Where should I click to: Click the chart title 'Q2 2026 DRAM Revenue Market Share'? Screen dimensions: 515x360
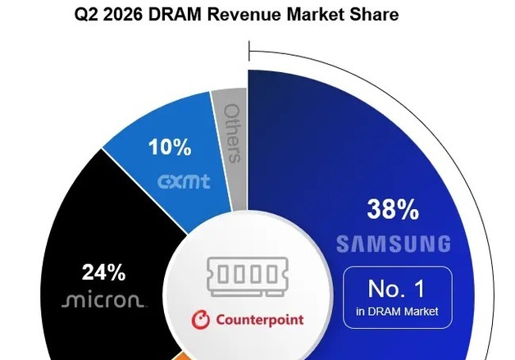pos(236,15)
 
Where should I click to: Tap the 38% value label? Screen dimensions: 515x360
pos(393,209)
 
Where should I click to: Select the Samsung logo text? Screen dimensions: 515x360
pos(394,244)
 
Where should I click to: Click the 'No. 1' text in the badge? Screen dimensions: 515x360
pos(396,289)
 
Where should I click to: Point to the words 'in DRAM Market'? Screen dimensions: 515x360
pos(397,312)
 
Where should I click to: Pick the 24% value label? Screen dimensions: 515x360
pos(104,272)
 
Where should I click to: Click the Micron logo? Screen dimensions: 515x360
pos(103,300)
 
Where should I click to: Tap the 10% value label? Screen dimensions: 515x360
pos(170,147)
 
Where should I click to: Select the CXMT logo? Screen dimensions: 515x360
pos(184,182)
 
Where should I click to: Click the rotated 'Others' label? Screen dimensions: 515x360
pos(232,134)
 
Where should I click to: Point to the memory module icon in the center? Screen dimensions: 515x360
pos(248,276)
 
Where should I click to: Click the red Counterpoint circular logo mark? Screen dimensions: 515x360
pos(201,319)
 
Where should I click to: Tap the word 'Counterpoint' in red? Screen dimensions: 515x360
pos(260,320)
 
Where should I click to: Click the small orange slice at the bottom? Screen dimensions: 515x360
pos(180,356)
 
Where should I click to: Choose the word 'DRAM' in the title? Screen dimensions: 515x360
pos(175,15)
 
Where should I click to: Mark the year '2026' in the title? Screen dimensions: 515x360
pos(123,15)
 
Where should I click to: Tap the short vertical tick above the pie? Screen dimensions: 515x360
pos(249,51)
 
